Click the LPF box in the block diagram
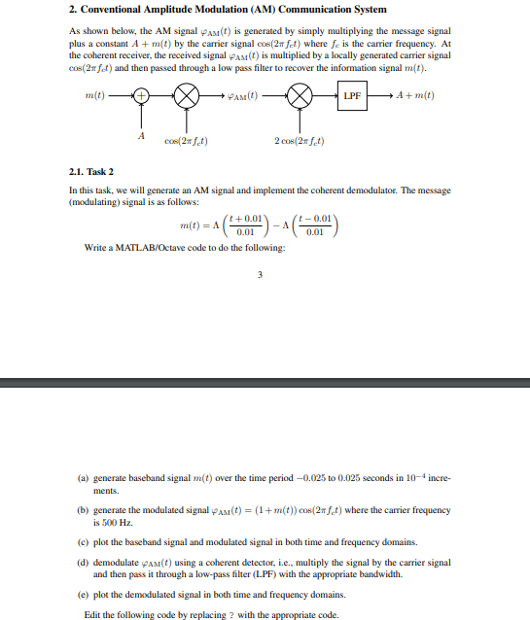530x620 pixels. (351, 96)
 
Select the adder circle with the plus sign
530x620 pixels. (142, 96)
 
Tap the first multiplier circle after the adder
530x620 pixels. (187, 96)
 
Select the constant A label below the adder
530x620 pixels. (142, 135)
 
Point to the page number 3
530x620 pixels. (260, 273)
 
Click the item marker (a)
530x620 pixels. (84, 479)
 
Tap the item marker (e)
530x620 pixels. (84, 594)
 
